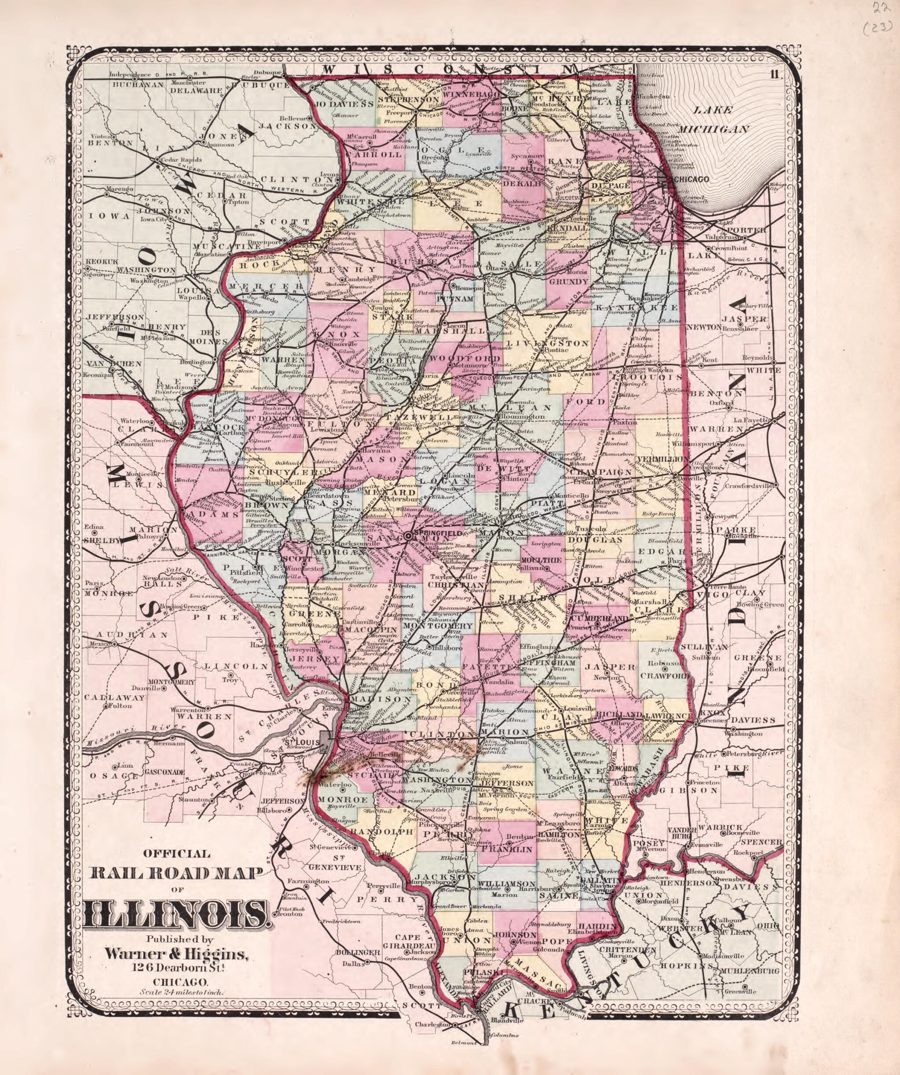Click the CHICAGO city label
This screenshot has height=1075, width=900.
pyautogui.click(x=692, y=179)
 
